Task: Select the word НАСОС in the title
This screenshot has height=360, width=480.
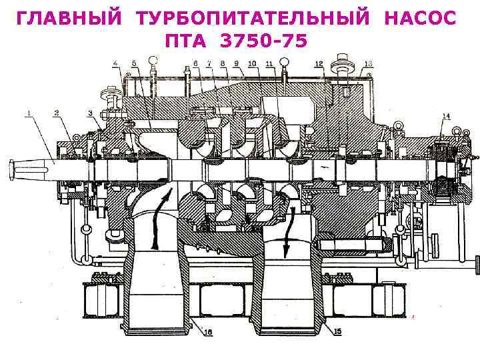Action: point(420,19)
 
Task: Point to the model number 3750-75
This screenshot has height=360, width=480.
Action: point(264,41)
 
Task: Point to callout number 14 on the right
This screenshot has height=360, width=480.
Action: point(445,117)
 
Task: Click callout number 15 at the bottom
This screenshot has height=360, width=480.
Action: point(337,331)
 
